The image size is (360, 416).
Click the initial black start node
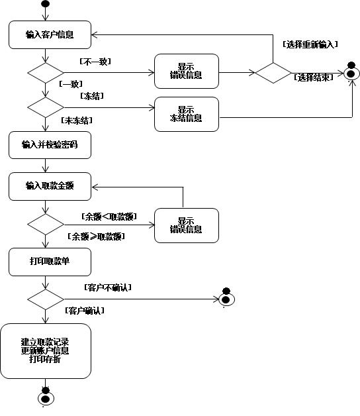coord(46,4)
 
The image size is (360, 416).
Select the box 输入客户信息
coord(50,34)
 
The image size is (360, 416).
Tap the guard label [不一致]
coord(95,62)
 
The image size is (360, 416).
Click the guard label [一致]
coord(71,84)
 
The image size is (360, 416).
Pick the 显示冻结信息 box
coord(187,114)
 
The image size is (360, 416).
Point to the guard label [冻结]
coord(92,96)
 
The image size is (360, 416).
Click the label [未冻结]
coord(77,121)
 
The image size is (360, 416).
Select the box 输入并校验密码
coord(50,145)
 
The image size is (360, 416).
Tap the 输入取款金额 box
coord(50,186)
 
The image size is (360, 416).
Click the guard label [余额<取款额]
coord(109,217)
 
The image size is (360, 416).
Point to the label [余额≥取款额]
coord(96,236)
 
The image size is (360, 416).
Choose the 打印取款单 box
coord(50,262)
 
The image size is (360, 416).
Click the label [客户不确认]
coord(108,287)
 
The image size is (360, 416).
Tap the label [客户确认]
coord(85,311)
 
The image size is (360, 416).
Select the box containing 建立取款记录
coord(46,350)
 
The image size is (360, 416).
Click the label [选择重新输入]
coord(310,44)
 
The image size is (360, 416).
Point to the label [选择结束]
coord(313,78)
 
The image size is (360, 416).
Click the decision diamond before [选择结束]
coord(273,73)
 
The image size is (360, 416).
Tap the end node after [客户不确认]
coord(226,298)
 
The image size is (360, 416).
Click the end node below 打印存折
coord(46,397)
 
